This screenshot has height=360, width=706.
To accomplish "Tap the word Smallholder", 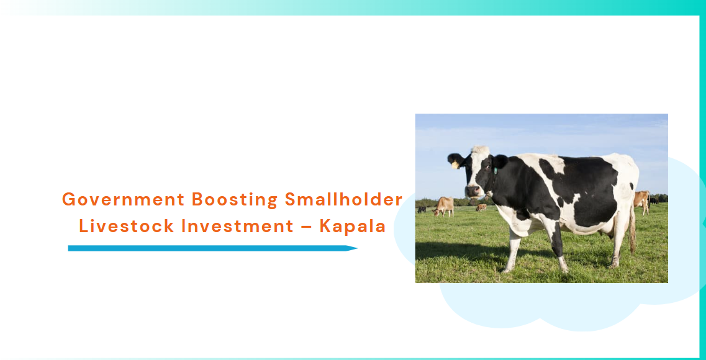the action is (343, 199).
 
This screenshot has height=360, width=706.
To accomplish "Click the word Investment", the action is (237, 227).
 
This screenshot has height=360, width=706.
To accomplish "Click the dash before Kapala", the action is (306, 227).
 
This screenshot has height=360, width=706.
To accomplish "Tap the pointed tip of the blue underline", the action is (357, 248).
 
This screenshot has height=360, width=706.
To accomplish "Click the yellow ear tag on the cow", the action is (455, 165).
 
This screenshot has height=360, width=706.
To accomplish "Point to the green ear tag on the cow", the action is (496, 171).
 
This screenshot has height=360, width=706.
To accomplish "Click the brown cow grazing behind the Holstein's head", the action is (444, 206).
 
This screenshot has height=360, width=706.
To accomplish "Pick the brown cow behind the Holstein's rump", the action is (642, 201).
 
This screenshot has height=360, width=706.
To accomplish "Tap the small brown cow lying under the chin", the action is (481, 207).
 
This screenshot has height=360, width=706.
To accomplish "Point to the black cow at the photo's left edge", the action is (422, 209).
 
